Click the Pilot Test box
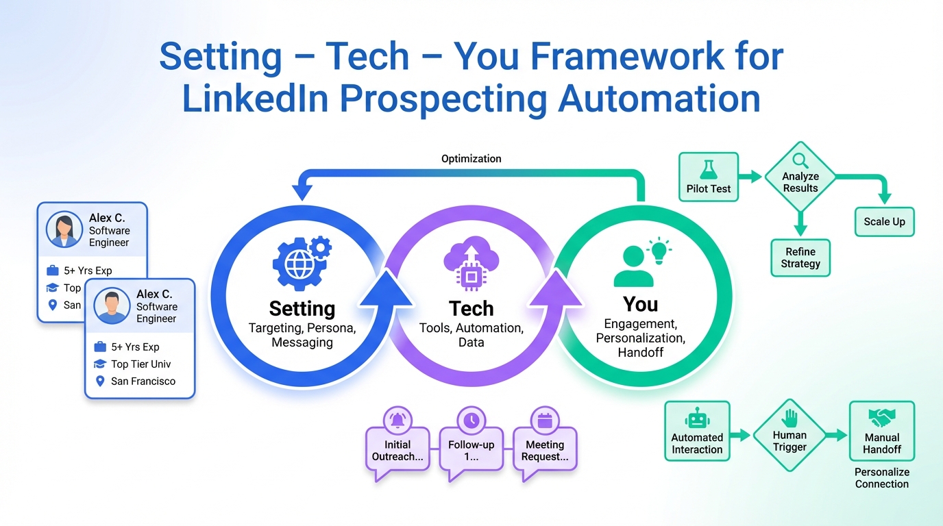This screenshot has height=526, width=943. (x=709, y=177)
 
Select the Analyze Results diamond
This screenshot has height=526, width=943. (x=800, y=176)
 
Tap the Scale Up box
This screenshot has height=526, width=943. (x=884, y=221)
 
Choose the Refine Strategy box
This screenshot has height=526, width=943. (x=800, y=258)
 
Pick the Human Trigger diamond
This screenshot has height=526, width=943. (x=789, y=436)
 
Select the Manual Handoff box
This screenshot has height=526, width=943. (x=882, y=431)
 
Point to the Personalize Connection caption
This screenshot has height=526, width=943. (x=882, y=478)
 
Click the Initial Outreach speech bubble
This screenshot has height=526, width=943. (x=397, y=449)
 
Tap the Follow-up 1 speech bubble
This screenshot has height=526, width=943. (x=472, y=449)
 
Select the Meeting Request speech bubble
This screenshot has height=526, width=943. (x=545, y=449)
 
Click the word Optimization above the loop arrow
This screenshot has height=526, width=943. (x=472, y=159)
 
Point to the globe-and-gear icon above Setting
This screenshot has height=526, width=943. (x=299, y=262)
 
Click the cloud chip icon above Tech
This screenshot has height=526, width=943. (x=471, y=264)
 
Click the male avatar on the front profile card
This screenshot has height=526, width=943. (x=111, y=305)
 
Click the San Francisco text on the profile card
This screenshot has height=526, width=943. (x=143, y=381)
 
